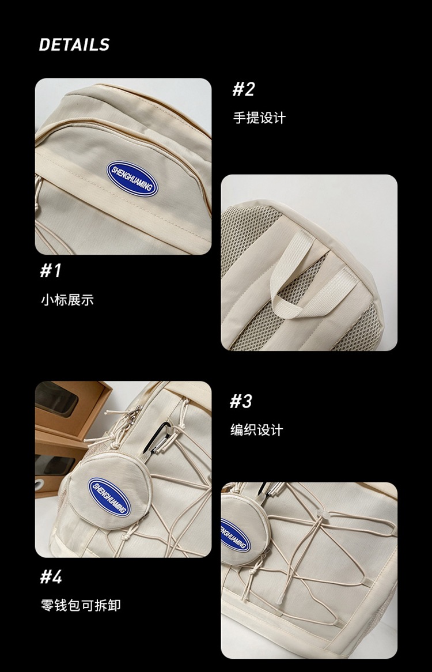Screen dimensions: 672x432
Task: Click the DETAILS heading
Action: (74, 45)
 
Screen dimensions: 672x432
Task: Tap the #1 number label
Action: (51, 271)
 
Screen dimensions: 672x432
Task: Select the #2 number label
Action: (243, 89)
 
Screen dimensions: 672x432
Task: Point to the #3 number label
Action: (241, 401)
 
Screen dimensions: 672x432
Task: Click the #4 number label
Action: (51, 576)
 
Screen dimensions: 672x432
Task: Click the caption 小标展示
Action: (67, 300)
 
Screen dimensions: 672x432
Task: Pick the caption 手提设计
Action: (259, 118)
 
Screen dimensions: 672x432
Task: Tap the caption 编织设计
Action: (257, 431)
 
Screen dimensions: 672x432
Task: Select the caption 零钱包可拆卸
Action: (81, 606)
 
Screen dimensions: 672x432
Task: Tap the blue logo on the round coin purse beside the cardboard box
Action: (110, 496)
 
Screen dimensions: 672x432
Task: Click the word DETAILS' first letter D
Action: (44, 45)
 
